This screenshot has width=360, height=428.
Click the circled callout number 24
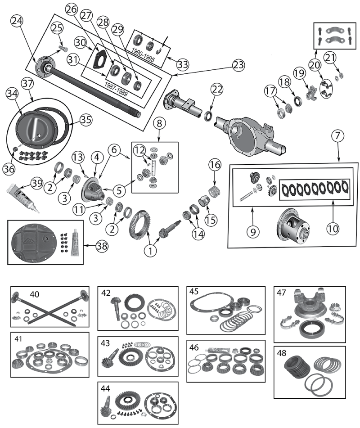pyautogui.click(x=17, y=21)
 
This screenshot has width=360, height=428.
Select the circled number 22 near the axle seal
pyautogui.click(x=217, y=90)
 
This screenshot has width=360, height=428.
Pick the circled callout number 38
pyautogui.click(x=104, y=246)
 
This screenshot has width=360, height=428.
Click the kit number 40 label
pyautogui.click(x=35, y=294)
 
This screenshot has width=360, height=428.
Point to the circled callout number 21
pyautogui.click(x=330, y=57)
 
